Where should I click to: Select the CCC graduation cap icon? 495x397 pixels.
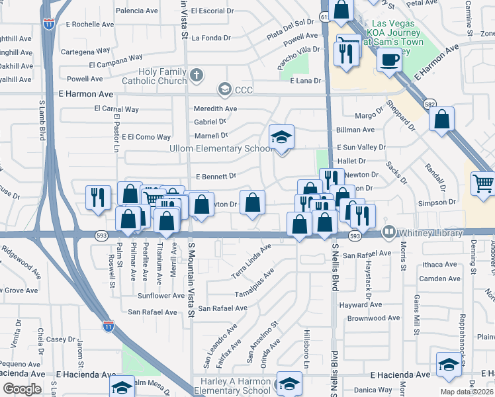coord(224,89)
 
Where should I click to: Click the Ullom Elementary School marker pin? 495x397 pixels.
coord(282,138)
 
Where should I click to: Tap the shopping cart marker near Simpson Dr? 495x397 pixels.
coord(482,183)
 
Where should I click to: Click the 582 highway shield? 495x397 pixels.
coord(429,104)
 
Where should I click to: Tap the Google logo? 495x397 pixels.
coord(22,389)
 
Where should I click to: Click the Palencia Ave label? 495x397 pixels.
coord(137,11)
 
